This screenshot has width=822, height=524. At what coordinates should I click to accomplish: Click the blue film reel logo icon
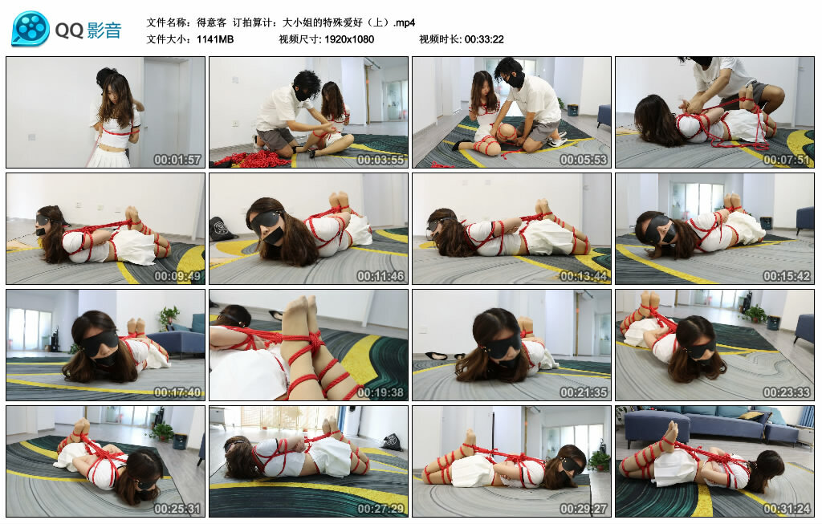tap(31, 29)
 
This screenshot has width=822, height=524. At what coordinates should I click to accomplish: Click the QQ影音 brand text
tap(88, 30)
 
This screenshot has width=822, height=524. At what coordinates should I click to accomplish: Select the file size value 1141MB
tap(215, 39)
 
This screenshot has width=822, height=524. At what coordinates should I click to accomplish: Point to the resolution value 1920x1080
tap(349, 39)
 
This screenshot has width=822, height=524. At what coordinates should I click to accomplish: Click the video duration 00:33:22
tap(484, 39)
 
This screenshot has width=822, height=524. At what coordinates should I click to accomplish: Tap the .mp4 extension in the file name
tap(404, 22)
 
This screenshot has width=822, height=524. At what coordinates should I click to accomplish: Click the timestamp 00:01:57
tap(177, 160)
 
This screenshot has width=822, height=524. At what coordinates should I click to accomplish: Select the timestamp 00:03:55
tap(380, 160)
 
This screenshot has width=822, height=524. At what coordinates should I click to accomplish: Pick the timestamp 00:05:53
tap(584, 160)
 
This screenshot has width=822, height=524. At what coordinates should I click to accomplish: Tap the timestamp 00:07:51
tap(787, 160)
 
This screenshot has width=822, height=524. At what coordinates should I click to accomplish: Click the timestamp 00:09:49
tap(177, 276)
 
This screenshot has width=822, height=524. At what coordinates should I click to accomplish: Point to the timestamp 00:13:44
tap(584, 276)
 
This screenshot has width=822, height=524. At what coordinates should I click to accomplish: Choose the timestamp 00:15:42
tap(787, 276)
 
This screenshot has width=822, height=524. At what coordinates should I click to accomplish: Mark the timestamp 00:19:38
tap(380, 392)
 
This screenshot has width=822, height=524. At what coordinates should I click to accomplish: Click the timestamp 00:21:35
tap(584, 392)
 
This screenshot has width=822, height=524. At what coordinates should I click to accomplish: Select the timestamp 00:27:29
tap(380, 509)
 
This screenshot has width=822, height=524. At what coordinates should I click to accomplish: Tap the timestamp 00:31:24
tap(787, 509)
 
